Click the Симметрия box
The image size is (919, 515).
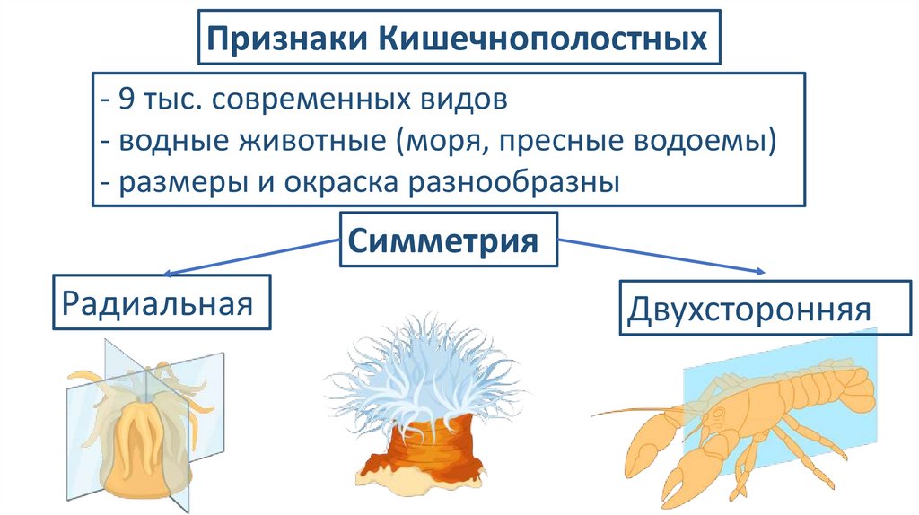[x=448, y=240]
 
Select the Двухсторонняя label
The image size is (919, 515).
[x=748, y=309]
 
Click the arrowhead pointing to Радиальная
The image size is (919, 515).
[x=167, y=272]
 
